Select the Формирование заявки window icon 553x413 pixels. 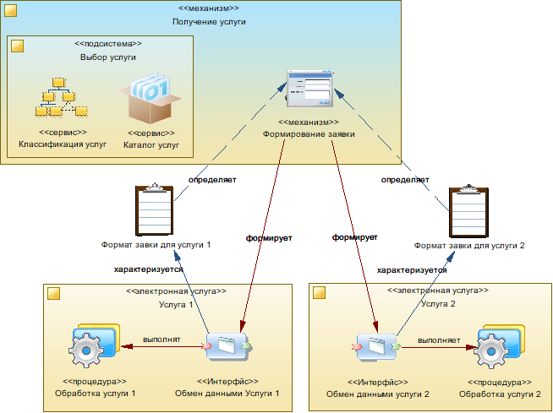[x=308, y=89]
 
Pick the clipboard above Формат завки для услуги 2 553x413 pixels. [x=469, y=210]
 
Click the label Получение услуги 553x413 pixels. [x=208, y=21]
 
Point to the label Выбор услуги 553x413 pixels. [x=102, y=57]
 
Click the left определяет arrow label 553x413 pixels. [x=211, y=179]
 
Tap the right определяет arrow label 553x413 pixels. [x=405, y=179]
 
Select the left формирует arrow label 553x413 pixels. [x=268, y=238]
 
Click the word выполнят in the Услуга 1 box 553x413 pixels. [x=161, y=340]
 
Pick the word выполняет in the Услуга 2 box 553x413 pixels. [x=437, y=340]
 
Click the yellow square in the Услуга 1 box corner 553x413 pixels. [x=53, y=293]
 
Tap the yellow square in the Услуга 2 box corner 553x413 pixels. [x=320, y=293]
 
